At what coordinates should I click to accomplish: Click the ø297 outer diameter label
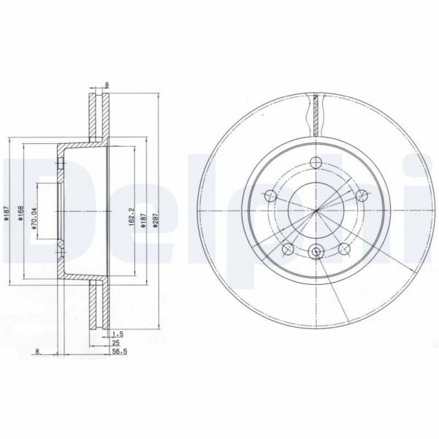pos(155,212)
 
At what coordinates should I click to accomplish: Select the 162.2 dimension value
pos(131,212)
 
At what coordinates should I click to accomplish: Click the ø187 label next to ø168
pos(6,212)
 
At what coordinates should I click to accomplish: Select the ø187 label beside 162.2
pos(143,212)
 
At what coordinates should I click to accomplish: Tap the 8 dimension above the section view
pos(107,85)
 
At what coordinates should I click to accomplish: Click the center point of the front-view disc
pos(316,212)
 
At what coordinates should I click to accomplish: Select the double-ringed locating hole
pos(316,253)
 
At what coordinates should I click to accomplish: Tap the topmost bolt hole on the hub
pos(316,162)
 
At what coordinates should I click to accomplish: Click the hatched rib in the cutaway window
pos(316,113)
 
